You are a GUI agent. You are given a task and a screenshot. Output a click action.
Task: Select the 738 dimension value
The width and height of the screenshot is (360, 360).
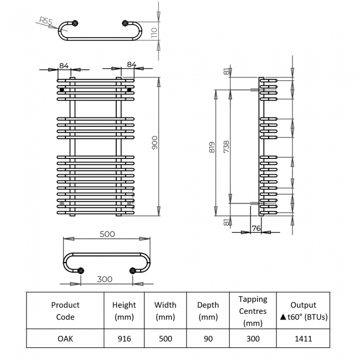pyautogui.click(x=227, y=147)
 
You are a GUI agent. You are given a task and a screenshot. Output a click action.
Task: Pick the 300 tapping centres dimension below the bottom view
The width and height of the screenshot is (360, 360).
pyautogui.click(x=106, y=279)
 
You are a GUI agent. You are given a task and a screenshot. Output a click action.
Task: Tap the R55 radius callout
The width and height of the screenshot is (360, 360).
pyautogui.click(x=47, y=23)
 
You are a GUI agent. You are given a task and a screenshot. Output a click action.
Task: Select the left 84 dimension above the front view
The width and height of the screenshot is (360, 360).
pyautogui.click(x=64, y=65)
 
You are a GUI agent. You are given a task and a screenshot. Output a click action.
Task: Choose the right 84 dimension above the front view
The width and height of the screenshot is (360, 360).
pyautogui.click(x=131, y=65)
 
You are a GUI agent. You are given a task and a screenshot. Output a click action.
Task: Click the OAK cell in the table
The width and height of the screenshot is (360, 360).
pyautogui.click(x=65, y=338)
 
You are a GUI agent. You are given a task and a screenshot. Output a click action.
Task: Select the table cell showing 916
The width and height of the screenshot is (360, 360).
pyautogui.click(x=124, y=338)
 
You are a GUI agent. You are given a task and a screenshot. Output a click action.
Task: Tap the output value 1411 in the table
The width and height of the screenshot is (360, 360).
pyautogui.click(x=303, y=338)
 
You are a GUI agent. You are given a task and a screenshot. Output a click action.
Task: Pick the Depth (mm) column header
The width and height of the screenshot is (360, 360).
pyautogui.click(x=208, y=311)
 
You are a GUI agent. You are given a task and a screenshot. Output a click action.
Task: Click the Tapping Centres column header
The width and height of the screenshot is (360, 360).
pyautogui.click(x=253, y=311)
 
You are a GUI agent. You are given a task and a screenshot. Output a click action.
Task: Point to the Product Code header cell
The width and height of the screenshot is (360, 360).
pyautogui.click(x=65, y=311)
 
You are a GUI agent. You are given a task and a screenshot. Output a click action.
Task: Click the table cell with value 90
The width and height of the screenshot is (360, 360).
pyautogui.click(x=208, y=338)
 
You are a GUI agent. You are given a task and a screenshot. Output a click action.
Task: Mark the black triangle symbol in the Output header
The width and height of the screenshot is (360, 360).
pyautogui.click(x=283, y=317)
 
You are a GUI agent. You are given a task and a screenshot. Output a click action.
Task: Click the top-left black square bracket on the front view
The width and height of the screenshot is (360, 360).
pyautogui.click(x=62, y=89)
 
